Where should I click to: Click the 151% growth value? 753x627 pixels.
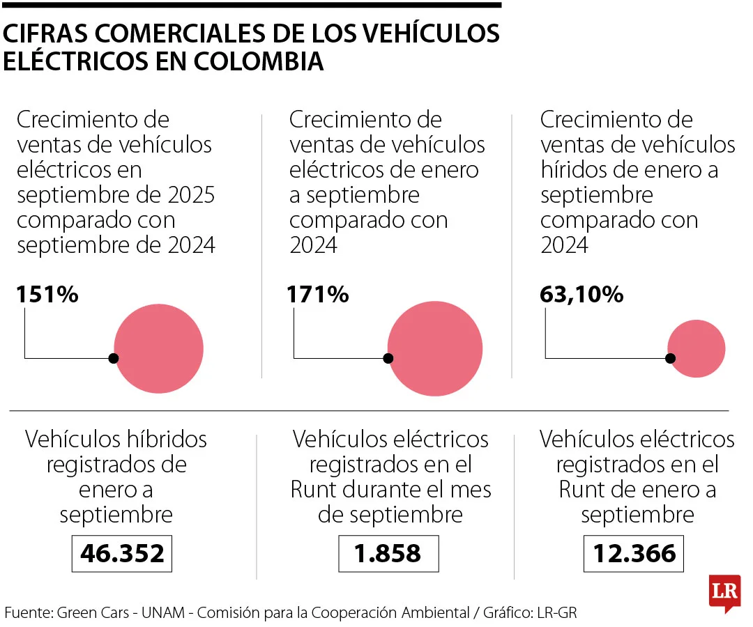tap(47, 295)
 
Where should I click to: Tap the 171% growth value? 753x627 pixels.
tap(318, 295)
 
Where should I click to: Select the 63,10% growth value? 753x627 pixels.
tap(581, 295)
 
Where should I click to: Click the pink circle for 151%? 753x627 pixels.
tap(159, 349)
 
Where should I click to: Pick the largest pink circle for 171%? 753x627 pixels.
tap(435, 348)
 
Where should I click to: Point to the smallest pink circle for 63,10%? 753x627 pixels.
tap(697, 348)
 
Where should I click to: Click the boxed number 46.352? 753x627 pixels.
tap(122, 553)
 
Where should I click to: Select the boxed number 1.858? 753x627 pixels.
tap(388, 553)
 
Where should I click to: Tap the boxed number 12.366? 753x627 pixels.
tap(634, 553)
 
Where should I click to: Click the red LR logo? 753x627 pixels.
tap(724, 592)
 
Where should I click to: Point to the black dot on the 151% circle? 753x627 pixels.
tap(114, 358)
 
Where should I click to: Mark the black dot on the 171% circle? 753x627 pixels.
tap(388, 358)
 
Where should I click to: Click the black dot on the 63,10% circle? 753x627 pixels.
tap(670, 358)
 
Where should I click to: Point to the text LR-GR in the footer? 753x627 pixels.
tap(557, 613)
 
